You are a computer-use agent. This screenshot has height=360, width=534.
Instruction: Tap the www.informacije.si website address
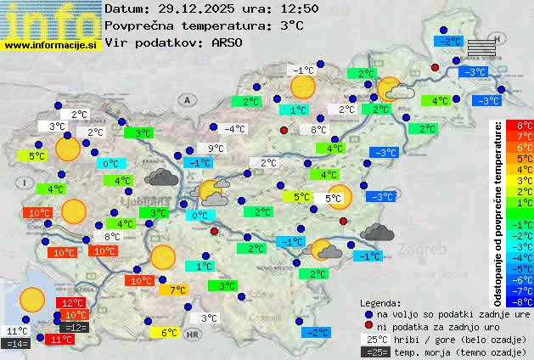[51, 44]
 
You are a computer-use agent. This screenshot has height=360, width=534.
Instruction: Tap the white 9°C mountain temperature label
[216, 149]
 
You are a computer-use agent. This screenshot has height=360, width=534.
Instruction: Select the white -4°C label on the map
[233, 129]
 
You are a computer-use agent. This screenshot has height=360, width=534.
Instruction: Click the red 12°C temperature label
[72, 302]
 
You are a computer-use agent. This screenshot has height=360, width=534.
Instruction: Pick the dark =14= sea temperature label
[17, 344]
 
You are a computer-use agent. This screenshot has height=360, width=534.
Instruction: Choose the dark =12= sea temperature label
[75, 327]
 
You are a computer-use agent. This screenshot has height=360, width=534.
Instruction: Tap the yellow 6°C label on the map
[169, 333]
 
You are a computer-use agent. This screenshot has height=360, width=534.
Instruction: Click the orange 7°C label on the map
[177, 290]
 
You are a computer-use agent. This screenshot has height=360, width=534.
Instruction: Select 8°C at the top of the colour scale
[525, 126]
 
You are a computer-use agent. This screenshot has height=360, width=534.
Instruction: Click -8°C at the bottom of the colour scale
[525, 301]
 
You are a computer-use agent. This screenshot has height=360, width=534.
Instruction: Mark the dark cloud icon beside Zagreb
[376, 232]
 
